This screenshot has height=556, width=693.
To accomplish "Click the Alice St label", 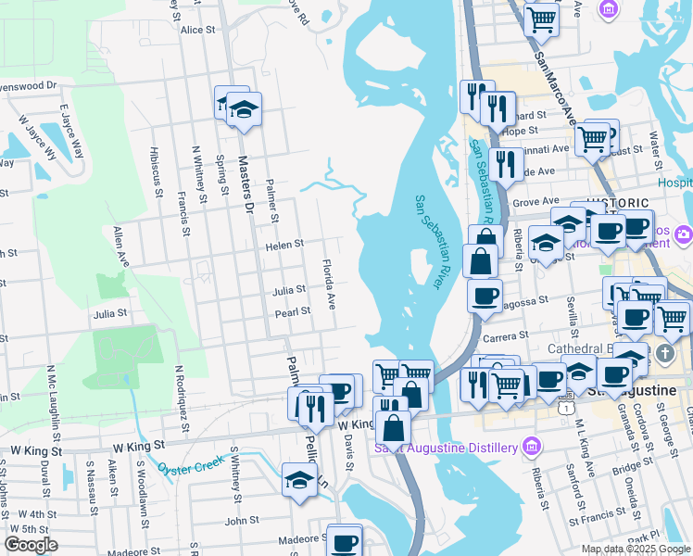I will click(198, 30).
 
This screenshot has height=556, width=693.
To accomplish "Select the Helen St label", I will click(284, 246).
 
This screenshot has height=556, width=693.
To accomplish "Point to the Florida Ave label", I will click(329, 285).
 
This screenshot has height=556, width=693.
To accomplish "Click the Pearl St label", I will click(292, 313).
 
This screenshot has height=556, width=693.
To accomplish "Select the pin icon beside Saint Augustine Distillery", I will click(531, 448).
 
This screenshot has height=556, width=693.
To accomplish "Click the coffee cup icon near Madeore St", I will click(345, 540).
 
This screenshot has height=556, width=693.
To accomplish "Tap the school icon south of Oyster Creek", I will click(299, 480).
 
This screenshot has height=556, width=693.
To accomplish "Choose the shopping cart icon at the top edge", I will click(541, 18).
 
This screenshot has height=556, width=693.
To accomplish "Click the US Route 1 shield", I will click(565, 406).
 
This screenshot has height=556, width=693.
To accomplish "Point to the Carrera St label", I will click(506, 337).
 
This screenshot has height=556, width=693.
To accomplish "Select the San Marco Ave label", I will click(555, 84).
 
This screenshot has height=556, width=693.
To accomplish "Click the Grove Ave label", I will click(535, 201).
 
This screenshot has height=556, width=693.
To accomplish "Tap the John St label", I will click(241, 521).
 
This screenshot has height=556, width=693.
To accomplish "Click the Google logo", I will click(31, 545).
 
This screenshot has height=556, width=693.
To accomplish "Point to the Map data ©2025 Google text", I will click(635, 549).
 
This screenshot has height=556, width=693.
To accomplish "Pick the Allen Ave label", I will click(120, 247).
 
